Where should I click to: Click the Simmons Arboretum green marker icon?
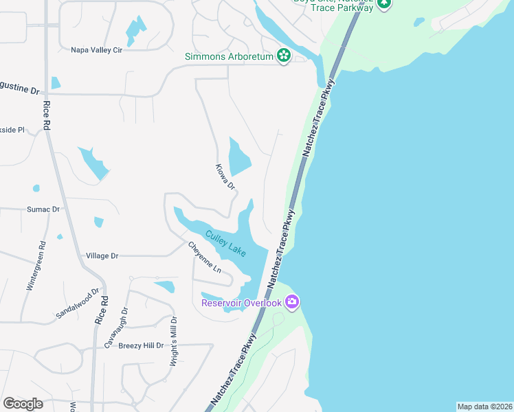[x=283, y=56]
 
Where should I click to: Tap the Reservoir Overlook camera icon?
[x=292, y=302]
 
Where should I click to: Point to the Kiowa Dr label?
[x=225, y=176]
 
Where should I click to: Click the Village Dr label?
[x=102, y=255]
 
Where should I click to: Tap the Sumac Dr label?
[x=43, y=209]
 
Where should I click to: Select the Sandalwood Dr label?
[x=78, y=304]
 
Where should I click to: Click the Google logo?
[x=23, y=404]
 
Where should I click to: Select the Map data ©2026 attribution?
[x=484, y=407]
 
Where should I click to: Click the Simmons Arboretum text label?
[x=230, y=56]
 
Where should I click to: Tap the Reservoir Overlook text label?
[x=241, y=303]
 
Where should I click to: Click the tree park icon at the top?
[x=385, y=3]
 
